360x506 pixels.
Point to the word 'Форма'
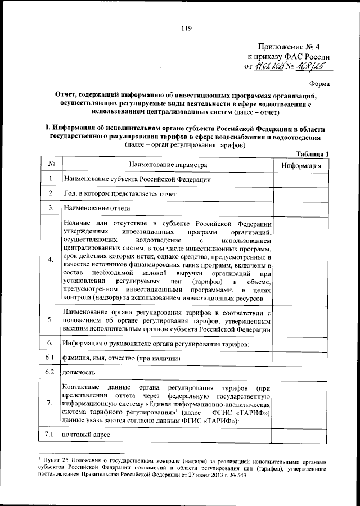point(319,83)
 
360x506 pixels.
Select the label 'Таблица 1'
point(312,154)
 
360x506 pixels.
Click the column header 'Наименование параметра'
point(168,165)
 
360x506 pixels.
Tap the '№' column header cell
point(51,165)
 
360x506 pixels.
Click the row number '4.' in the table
point(51,260)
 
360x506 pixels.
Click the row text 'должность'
point(79,372)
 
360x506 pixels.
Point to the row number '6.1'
point(50,358)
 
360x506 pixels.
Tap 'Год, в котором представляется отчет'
point(120,193)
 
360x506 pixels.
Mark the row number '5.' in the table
point(51,320)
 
